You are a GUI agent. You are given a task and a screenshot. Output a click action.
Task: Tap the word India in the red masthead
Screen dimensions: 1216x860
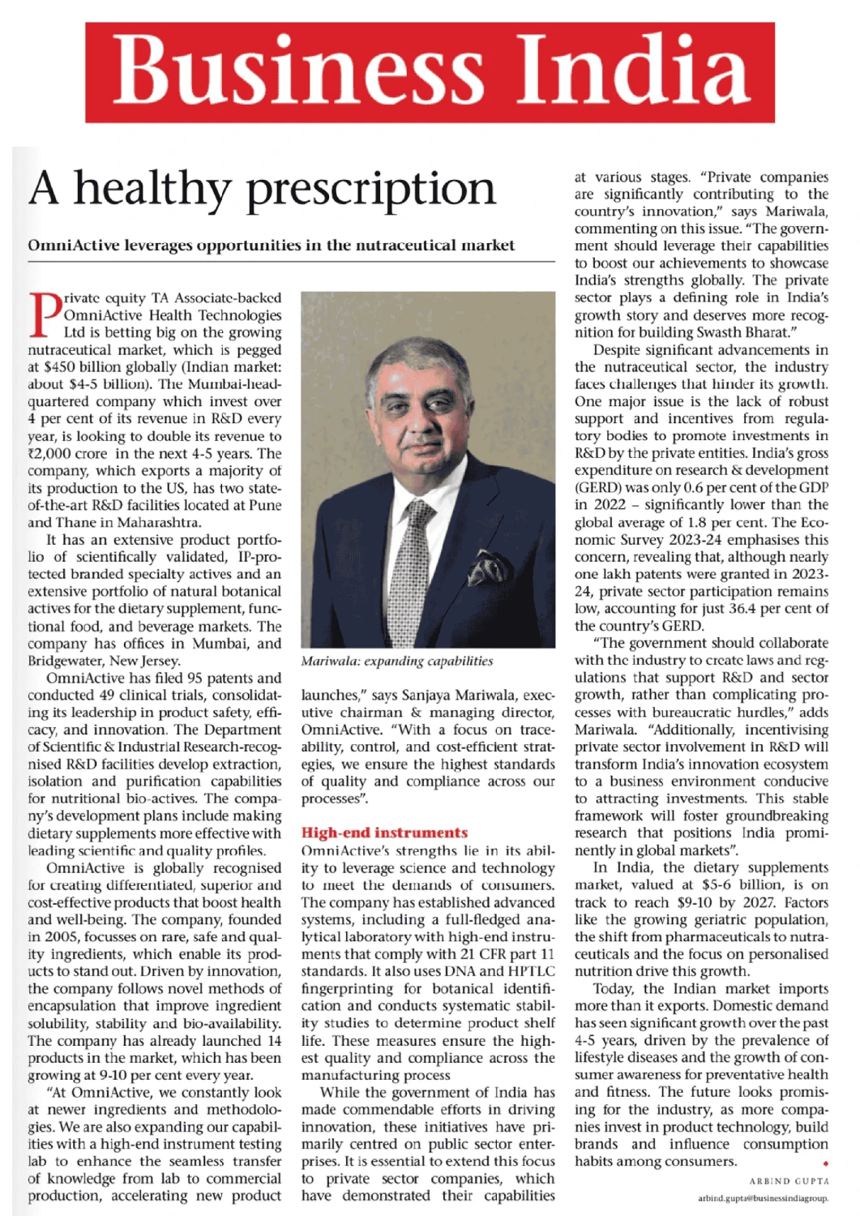click(622, 73)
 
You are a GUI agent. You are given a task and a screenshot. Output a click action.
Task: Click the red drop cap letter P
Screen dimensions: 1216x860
click(45, 315)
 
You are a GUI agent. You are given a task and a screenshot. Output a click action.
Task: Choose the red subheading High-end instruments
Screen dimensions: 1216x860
click(384, 833)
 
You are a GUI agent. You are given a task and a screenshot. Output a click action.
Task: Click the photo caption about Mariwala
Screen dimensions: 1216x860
click(396, 661)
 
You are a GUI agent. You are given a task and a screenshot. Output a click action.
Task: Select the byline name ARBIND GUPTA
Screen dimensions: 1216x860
click(789, 1181)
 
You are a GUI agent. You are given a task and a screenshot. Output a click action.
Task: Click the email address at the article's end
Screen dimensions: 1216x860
click(763, 1198)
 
